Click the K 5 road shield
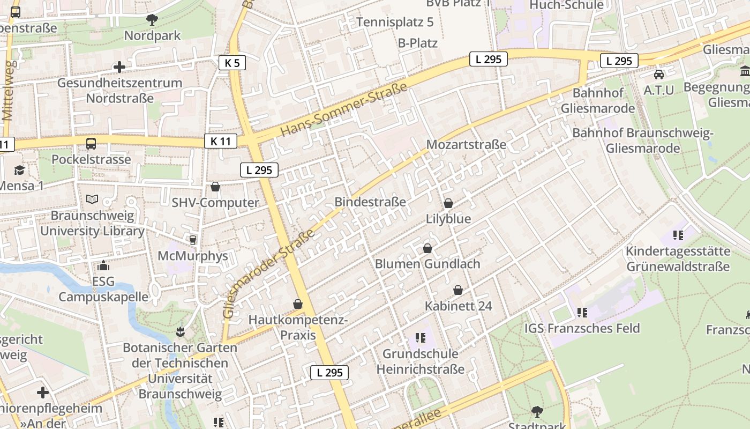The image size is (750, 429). click(232, 63)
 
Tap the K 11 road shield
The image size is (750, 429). click(220, 142)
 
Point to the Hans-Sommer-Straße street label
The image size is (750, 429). click(343, 110)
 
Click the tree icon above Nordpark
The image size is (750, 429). click(152, 20)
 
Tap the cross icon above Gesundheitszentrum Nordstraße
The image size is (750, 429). click(119, 67)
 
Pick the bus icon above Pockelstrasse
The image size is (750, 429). click(91, 143)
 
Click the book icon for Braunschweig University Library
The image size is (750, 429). click(92, 199)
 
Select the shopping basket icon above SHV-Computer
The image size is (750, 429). click(215, 187)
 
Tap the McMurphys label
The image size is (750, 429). click(193, 256)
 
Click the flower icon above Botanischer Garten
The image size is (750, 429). click(180, 331)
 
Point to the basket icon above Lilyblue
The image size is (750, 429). click(448, 203)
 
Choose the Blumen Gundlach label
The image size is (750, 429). click(427, 264)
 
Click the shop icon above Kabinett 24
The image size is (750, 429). click(458, 290)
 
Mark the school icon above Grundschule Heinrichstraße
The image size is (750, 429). click(421, 338)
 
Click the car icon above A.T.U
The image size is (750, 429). click(658, 74)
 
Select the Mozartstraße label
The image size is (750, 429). click(466, 145)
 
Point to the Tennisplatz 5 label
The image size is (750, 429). click(395, 22)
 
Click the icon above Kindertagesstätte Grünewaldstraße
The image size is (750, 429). click(678, 235)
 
